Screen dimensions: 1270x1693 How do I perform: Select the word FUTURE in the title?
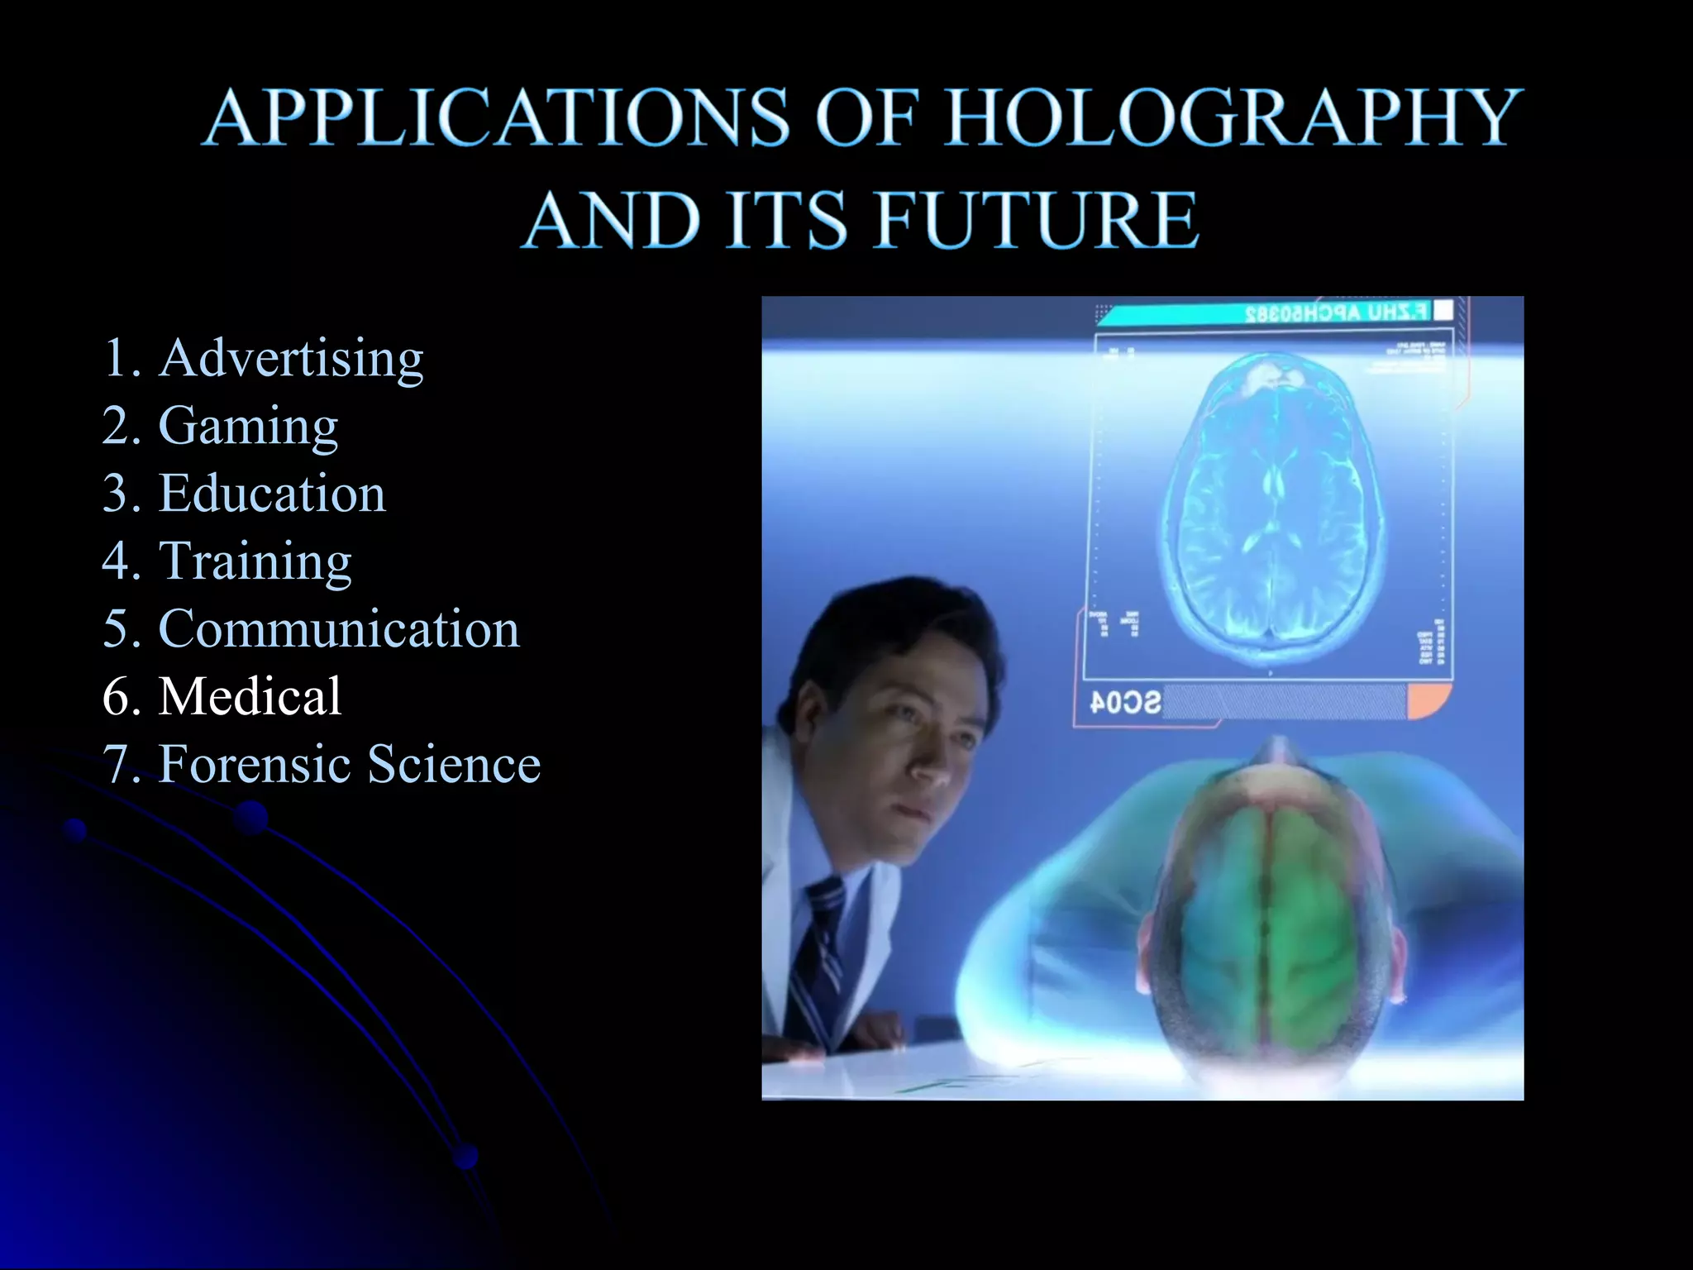click(x=1037, y=221)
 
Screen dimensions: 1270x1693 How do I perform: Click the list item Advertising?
click(x=292, y=359)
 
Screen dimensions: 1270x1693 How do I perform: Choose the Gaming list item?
click(x=248, y=427)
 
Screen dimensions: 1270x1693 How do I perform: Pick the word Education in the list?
click(x=272, y=494)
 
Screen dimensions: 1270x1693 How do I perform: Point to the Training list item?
click(x=255, y=561)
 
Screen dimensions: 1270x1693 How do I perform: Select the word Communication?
click(x=339, y=629)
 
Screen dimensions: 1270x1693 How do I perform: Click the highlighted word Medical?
click(x=250, y=696)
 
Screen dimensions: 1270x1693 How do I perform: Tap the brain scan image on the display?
click(x=1273, y=504)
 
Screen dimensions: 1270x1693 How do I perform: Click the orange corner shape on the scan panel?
click(x=1428, y=701)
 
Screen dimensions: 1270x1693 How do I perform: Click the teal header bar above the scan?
click(x=1265, y=313)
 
